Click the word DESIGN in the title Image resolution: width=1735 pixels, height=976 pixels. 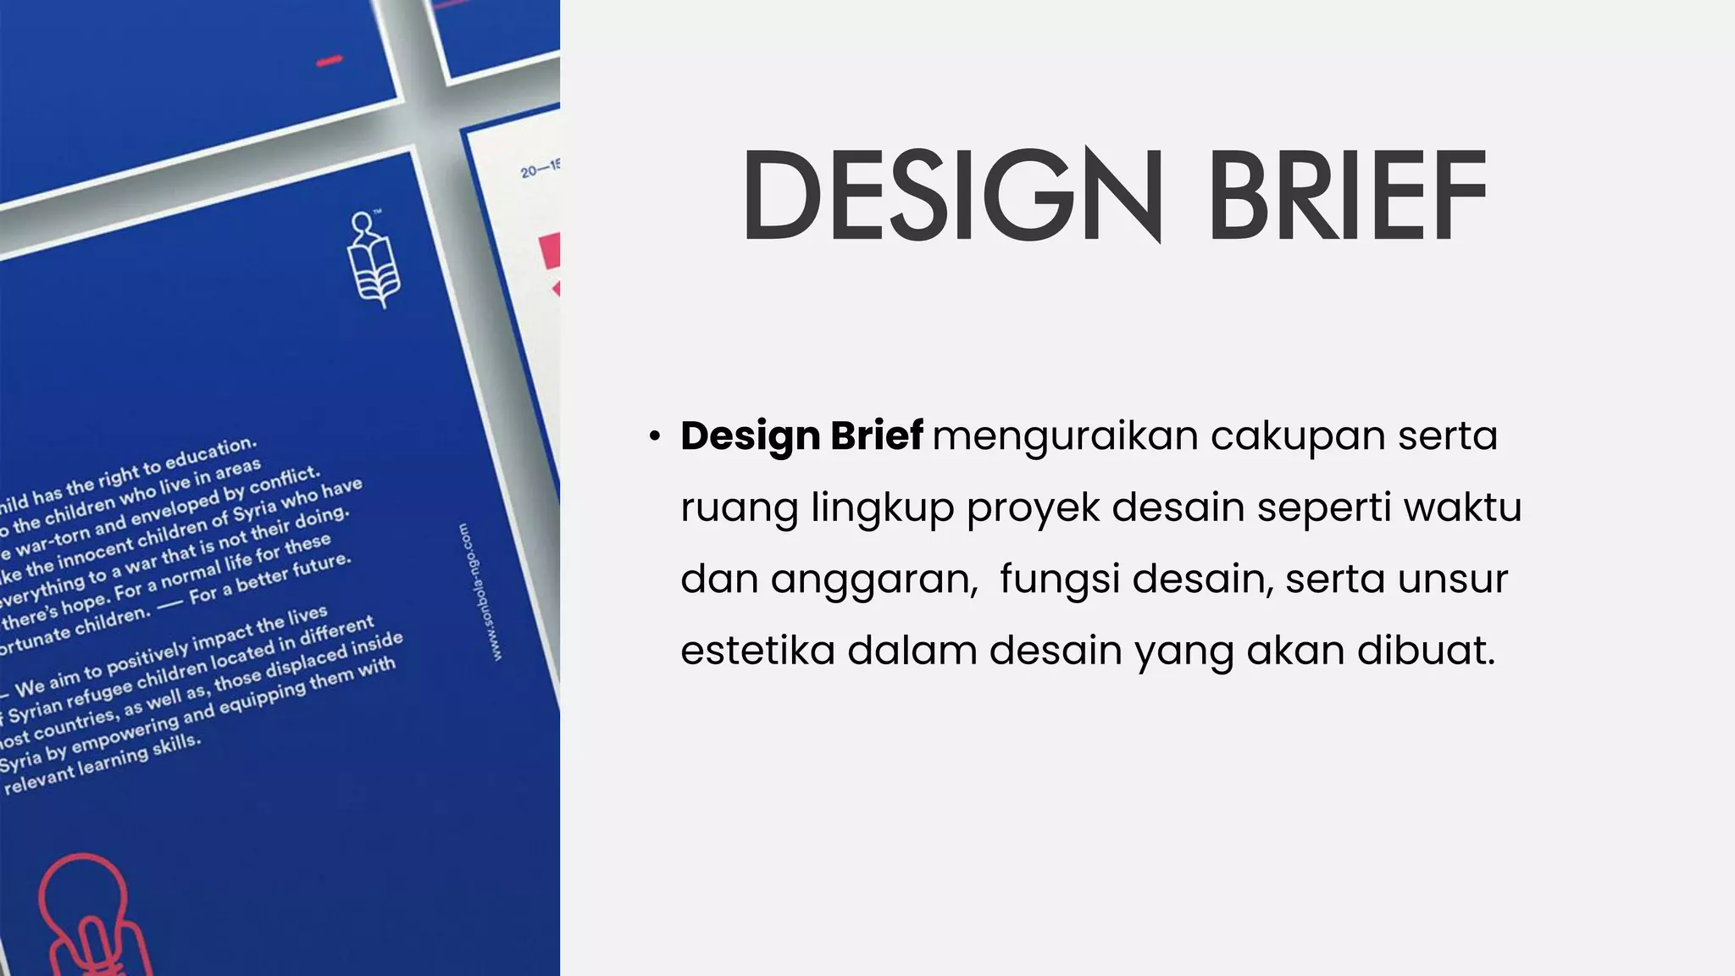(x=952, y=196)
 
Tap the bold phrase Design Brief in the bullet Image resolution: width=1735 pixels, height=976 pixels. (x=801, y=436)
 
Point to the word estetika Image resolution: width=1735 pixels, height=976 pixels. (x=757, y=651)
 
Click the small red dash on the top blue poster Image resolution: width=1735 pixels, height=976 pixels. (x=329, y=61)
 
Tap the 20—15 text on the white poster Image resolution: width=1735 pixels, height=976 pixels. (x=540, y=169)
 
